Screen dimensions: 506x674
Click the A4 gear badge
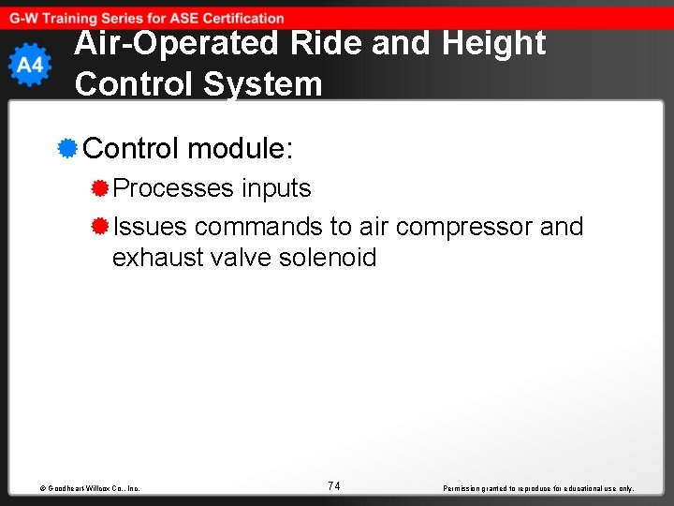tap(30, 65)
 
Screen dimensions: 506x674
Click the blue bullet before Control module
tap(67, 148)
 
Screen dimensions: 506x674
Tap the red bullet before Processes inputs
tap(100, 188)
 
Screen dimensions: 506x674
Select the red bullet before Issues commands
tap(100, 227)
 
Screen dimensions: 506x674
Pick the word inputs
tap(276, 188)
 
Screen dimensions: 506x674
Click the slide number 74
tap(334, 485)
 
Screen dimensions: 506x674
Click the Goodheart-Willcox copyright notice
tap(90, 488)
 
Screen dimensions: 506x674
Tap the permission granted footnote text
tap(538, 488)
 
